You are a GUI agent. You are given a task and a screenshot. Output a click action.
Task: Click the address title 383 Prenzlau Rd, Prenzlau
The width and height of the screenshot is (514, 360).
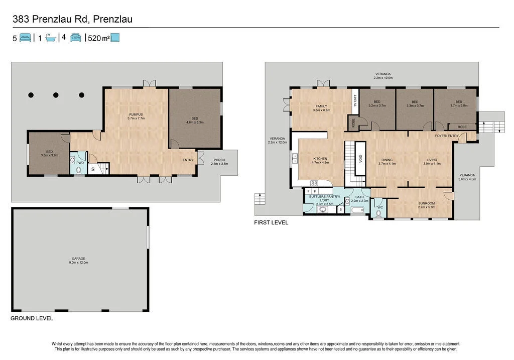point(72,19)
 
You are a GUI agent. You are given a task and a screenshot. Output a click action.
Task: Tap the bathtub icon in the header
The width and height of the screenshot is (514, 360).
point(50,38)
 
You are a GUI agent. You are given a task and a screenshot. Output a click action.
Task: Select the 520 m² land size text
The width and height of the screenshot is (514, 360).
point(98,38)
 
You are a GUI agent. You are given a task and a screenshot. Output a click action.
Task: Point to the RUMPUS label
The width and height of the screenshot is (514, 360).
point(137,114)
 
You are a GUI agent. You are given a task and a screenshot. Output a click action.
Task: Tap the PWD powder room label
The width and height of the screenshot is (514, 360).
point(80,163)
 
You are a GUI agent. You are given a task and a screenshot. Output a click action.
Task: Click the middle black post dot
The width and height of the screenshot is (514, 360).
point(56,95)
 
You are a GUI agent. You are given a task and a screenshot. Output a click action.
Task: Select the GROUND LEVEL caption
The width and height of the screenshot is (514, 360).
point(32,318)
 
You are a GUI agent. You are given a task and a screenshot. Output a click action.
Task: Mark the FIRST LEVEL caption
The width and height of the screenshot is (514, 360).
point(271,222)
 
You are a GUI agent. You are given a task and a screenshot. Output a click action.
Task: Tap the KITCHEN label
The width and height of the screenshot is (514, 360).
point(320,159)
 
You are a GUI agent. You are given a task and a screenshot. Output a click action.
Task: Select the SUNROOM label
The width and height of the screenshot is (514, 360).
point(427,203)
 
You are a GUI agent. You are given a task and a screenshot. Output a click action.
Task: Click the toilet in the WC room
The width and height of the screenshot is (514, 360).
point(378,214)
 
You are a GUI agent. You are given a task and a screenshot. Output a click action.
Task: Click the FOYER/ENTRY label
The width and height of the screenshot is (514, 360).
point(446,136)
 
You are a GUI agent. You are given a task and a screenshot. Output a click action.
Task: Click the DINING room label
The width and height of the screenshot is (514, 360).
point(387,160)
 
